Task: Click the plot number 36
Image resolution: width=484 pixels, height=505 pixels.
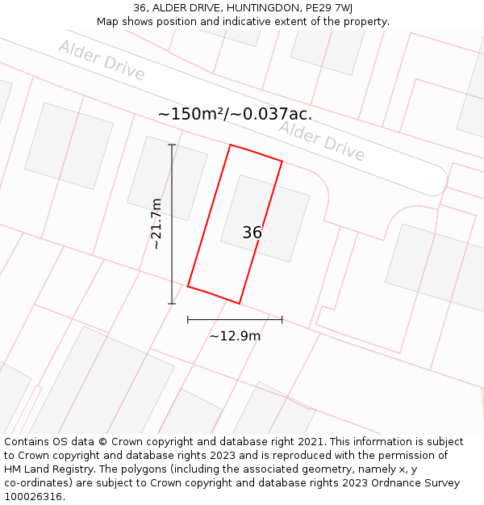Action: [x=252, y=233]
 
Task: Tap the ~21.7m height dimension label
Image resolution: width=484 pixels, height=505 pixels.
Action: [x=156, y=224]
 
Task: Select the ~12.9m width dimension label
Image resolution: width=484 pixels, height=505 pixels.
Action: [x=235, y=336]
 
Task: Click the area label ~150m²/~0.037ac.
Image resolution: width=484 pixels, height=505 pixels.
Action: [x=235, y=114]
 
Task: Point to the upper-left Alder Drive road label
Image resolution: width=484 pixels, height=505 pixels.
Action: [x=102, y=60]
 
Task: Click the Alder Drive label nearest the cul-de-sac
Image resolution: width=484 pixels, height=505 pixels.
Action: [x=322, y=141]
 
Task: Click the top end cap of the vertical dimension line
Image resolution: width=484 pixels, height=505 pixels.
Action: [x=171, y=145]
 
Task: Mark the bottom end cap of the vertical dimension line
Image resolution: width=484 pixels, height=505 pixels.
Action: [x=171, y=304]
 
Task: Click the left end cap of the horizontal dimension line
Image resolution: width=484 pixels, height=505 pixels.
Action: [x=188, y=320]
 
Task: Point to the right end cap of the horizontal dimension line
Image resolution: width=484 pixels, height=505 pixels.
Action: [x=282, y=320]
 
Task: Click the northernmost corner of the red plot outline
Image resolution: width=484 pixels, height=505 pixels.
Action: [x=231, y=145]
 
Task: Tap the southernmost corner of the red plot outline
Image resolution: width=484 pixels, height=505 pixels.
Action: [x=240, y=304]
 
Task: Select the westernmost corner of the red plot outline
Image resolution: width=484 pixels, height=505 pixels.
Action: [x=188, y=286]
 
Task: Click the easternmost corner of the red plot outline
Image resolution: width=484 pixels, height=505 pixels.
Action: [x=282, y=162]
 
